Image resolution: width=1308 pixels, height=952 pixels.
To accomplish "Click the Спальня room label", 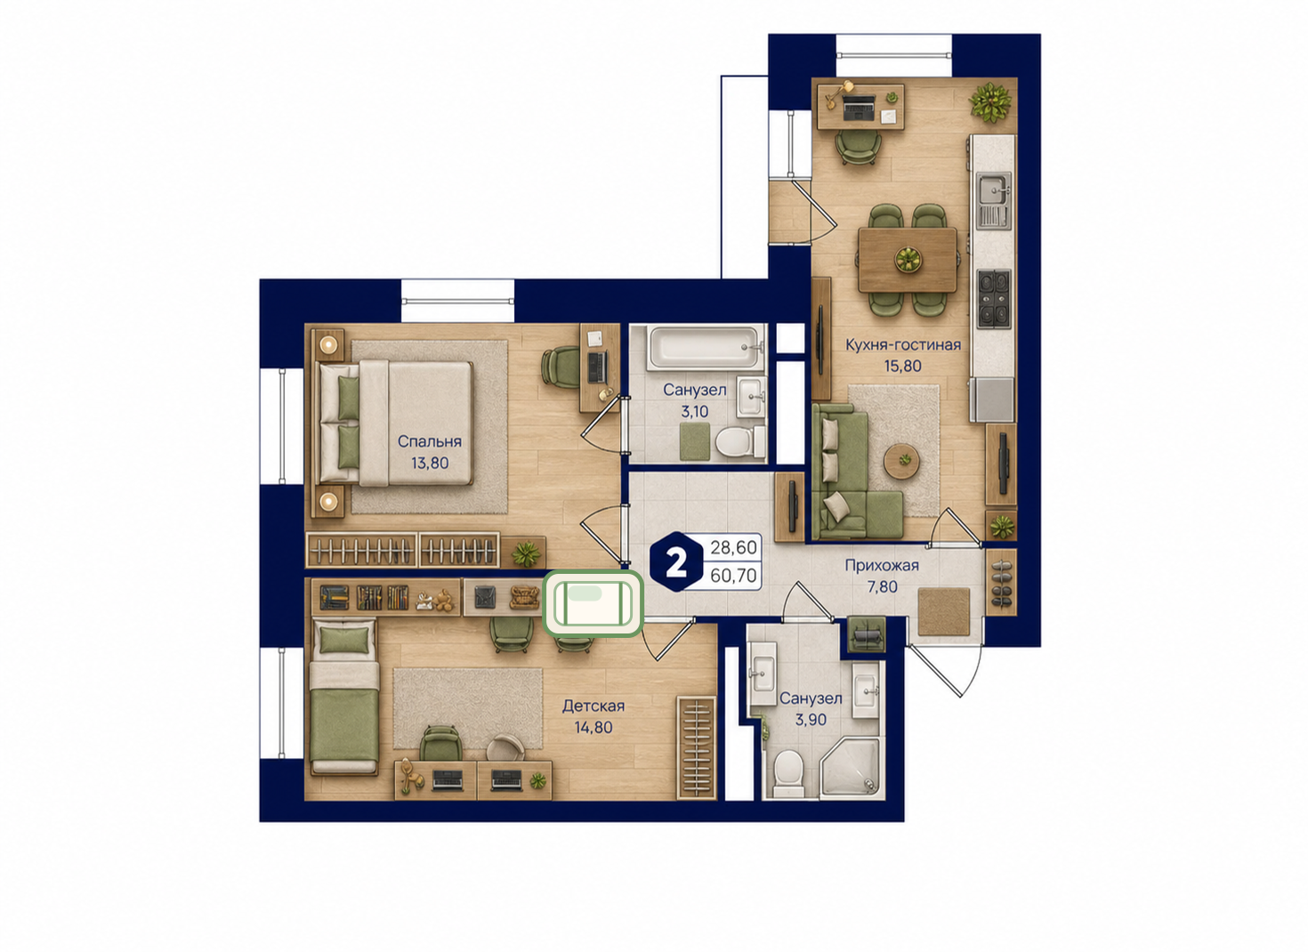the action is [x=429, y=441].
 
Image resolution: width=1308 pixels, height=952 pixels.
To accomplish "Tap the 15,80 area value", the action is [x=903, y=367].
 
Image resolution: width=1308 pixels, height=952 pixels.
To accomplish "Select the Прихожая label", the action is [x=882, y=565].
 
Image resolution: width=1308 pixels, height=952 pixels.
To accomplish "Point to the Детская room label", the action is [x=593, y=706].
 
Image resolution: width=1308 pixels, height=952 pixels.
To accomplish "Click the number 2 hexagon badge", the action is [x=676, y=562].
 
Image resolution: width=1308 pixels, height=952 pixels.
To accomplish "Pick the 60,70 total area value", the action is [x=733, y=576].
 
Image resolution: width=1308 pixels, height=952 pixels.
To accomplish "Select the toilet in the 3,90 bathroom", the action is [x=789, y=772].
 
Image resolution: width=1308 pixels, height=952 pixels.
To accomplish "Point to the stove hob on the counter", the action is [x=993, y=297].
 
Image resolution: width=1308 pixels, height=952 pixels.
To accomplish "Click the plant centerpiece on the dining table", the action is [x=908, y=259].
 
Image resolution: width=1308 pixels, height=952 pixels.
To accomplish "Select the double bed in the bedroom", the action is [x=395, y=423].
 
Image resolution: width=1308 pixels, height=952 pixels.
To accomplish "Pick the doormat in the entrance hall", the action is [x=943, y=611].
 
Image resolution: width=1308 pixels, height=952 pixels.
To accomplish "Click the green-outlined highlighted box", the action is [x=593, y=602].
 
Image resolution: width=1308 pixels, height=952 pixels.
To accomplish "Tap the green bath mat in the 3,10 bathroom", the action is [x=695, y=441].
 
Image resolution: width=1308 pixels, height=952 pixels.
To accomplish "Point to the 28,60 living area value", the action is [x=733, y=548].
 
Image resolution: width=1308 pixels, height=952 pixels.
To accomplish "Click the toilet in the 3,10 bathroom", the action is [x=737, y=441].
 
